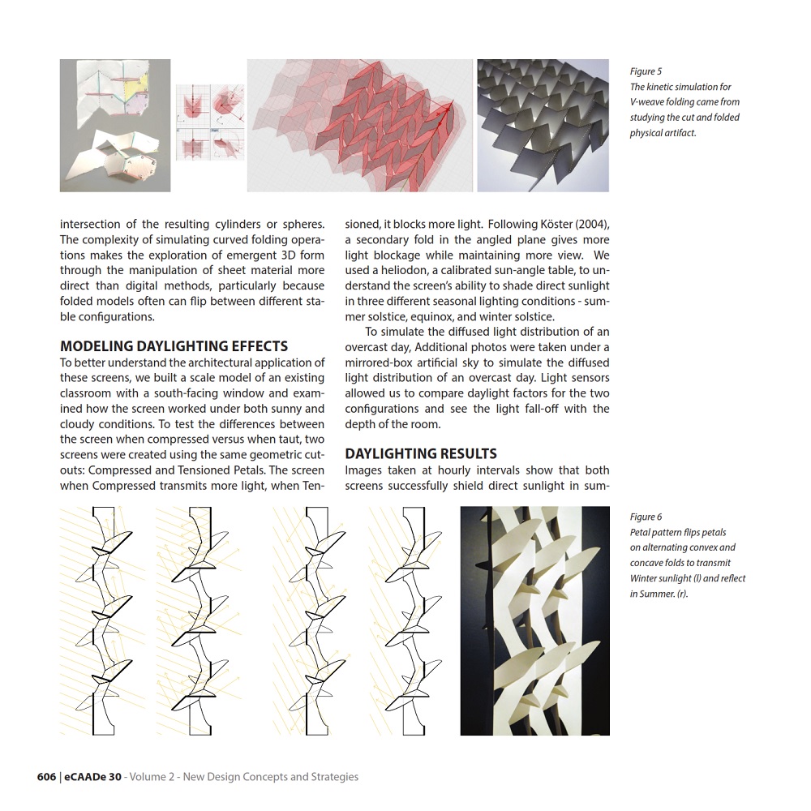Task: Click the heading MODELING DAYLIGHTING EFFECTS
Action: (x=174, y=346)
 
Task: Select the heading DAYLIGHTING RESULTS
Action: (x=421, y=453)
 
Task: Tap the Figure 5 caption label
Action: (x=646, y=71)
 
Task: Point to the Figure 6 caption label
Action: (x=646, y=517)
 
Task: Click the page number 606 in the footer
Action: (x=46, y=777)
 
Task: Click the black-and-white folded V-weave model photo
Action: (x=543, y=125)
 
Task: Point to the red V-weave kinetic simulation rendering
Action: (x=361, y=125)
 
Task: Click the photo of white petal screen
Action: (x=534, y=620)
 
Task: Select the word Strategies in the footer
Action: (x=332, y=777)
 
